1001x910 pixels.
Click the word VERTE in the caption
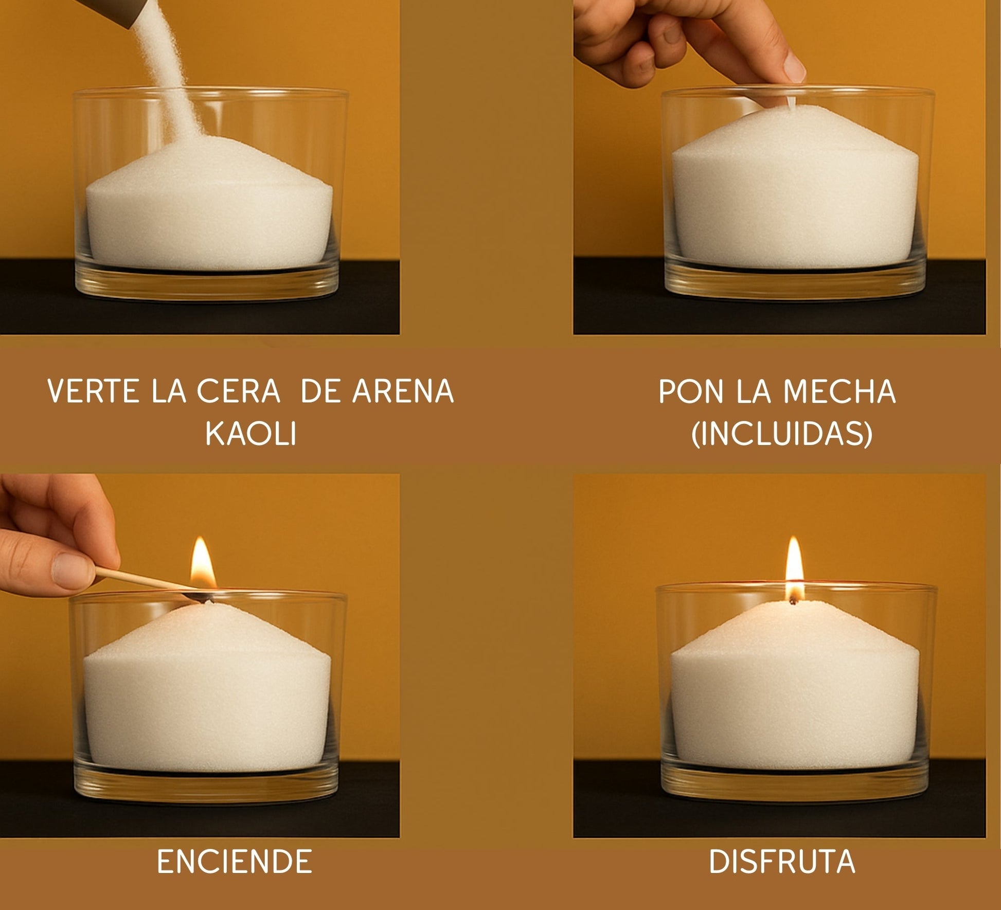(93, 391)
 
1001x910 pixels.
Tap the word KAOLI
(251, 434)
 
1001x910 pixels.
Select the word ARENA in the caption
(403, 391)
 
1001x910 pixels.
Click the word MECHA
(839, 391)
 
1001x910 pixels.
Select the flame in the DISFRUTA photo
(794, 566)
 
